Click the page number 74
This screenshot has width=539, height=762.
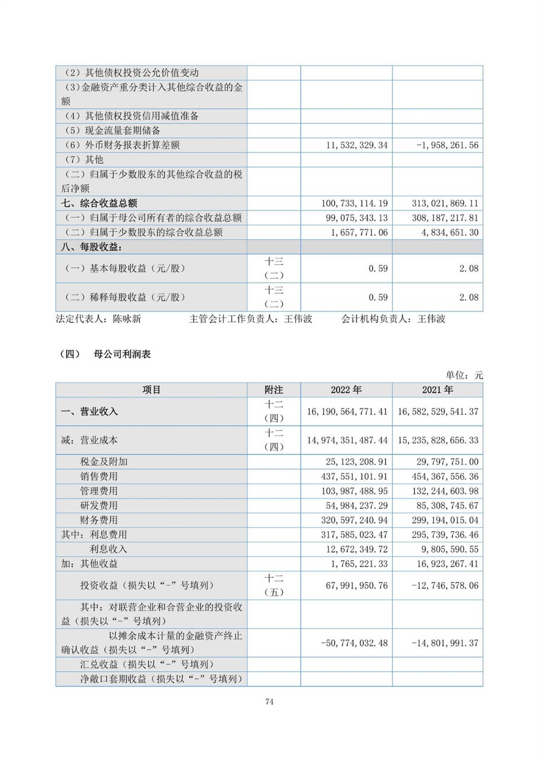[x=269, y=702]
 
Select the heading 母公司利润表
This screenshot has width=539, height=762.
[x=122, y=354]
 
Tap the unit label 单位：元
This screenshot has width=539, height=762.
[x=464, y=375]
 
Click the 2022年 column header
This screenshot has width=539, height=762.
[x=346, y=390]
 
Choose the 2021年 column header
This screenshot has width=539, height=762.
[x=437, y=390]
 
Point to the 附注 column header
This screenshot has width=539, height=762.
[x=274, y=390]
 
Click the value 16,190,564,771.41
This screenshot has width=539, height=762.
[x=347, y=412]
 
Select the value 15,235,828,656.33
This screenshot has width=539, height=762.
[x=438, y=440]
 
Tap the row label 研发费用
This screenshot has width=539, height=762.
[x=99, y=505]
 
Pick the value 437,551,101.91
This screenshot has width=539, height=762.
[x=357, y=476]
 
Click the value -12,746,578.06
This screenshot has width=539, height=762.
[x=445, y=585]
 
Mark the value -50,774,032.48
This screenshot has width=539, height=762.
[x=354, y=643]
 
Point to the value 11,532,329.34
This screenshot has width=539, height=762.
[x=357, y=145]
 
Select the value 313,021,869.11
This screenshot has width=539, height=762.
[x=445, y=203]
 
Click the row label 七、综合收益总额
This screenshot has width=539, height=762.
[x=99, y=203]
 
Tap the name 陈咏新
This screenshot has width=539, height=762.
[x=127, y=319]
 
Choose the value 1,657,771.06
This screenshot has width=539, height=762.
[x=359, y=232]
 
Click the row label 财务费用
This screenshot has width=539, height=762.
[x=99, y=520]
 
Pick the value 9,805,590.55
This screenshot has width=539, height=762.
[x=447, y=549]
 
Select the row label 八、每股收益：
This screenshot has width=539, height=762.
[x=92, y=247]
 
